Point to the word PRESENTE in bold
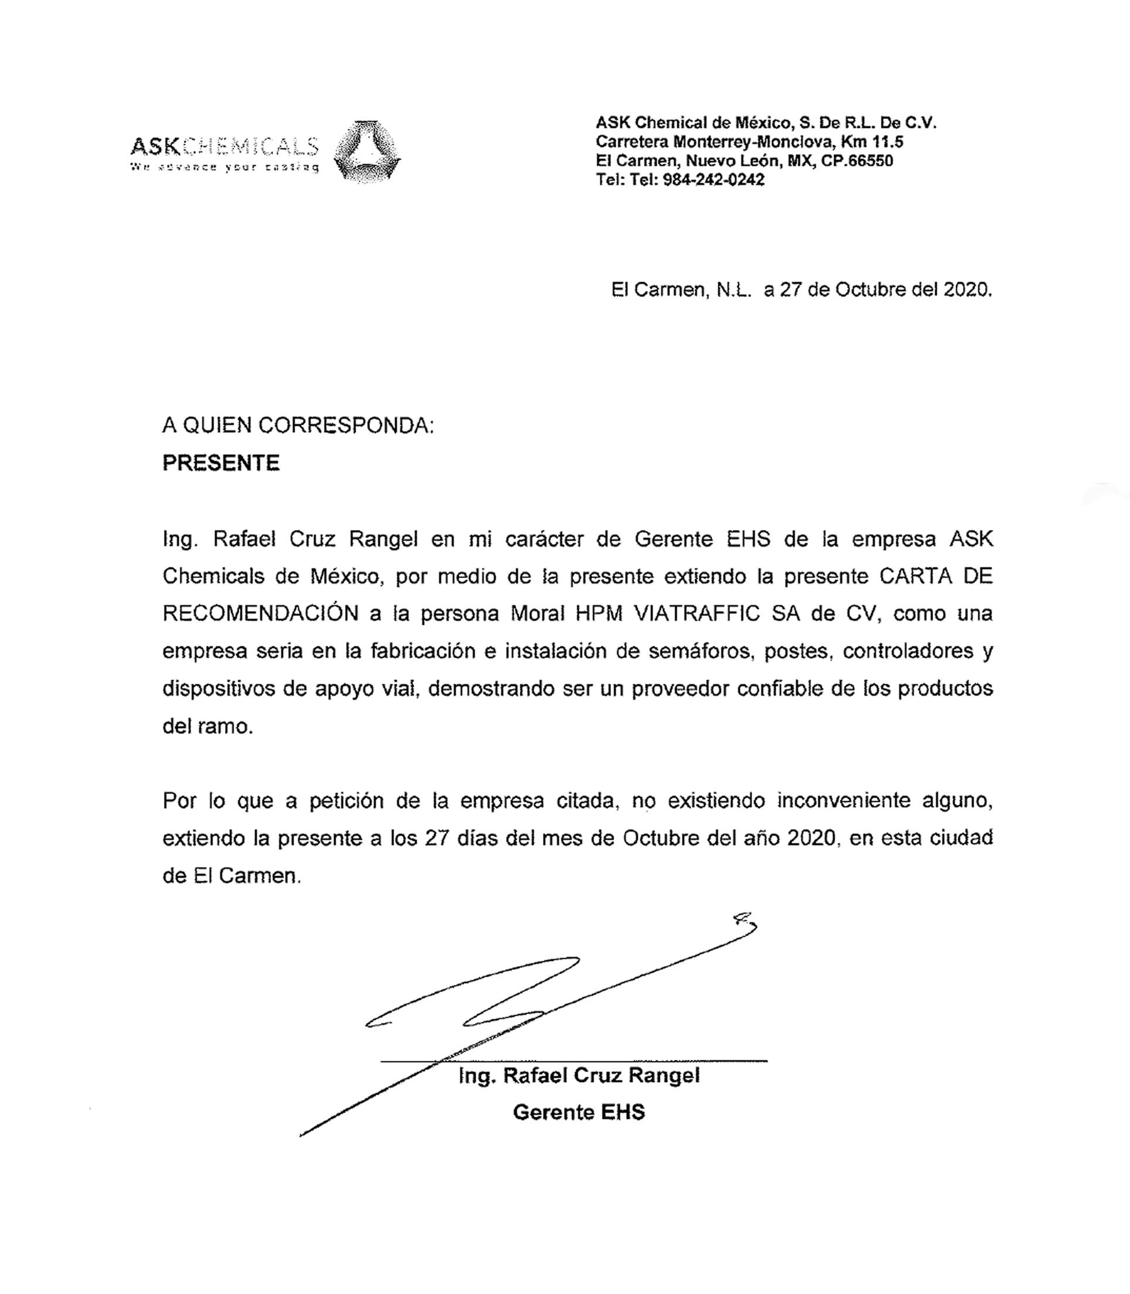(x=221, y=463)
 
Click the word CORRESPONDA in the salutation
(x=346, y=426)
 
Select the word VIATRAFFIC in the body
(x=696, y=613)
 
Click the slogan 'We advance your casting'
(x=224, y=167)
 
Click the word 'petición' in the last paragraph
(x=346, y=801)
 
